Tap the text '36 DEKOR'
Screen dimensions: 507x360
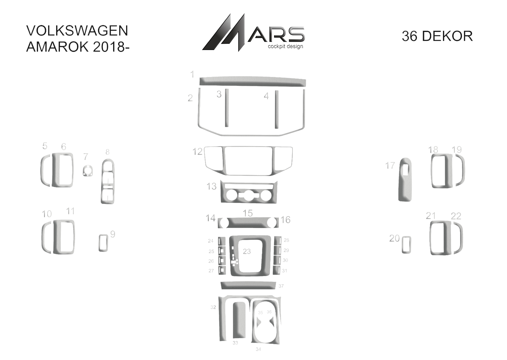point(437,36)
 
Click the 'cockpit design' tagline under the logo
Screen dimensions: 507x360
point(286,47)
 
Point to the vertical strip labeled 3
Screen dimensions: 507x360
point(227,108)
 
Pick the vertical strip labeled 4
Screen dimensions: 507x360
point(277,110)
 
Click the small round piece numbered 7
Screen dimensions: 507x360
point(87,171)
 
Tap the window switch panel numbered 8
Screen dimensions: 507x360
point(108,181)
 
